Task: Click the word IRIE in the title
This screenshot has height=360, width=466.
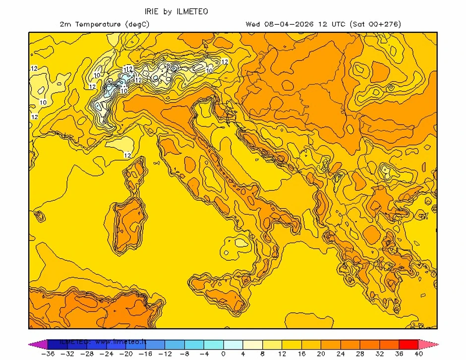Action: point(152,11)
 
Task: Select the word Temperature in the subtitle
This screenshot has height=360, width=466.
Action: point(97,24)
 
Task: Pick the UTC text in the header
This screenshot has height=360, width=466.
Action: point(337,24)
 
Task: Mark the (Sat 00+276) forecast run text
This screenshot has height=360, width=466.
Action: point(375,24)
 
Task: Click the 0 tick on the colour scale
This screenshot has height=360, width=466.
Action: point(223,354)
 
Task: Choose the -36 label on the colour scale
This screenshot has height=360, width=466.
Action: point(48,354)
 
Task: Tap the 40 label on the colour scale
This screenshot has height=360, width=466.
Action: point(418,354)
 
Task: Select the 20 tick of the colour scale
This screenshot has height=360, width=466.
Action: point(320,354)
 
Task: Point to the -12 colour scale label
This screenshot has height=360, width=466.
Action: point(165,354)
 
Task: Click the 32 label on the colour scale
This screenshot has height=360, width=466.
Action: point(379,354)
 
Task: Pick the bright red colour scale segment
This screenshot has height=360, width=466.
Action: point(408,344)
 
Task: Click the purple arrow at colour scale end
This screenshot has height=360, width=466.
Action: point(34,344)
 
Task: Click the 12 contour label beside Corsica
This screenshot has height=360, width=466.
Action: point(127,155)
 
